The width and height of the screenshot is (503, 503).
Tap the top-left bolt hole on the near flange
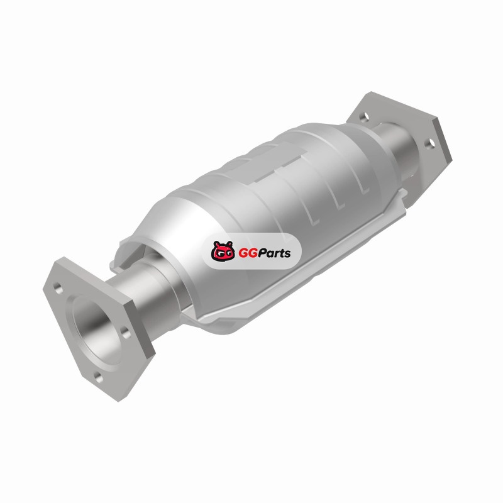(x=58, y=288)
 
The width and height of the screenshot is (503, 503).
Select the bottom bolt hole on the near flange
(x=99, y=378)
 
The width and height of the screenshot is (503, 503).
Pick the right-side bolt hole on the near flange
(x=126, y=333)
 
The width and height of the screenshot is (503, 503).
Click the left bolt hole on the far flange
(x=364, y=118)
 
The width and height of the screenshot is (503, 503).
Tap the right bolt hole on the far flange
(x=430, y=143)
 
